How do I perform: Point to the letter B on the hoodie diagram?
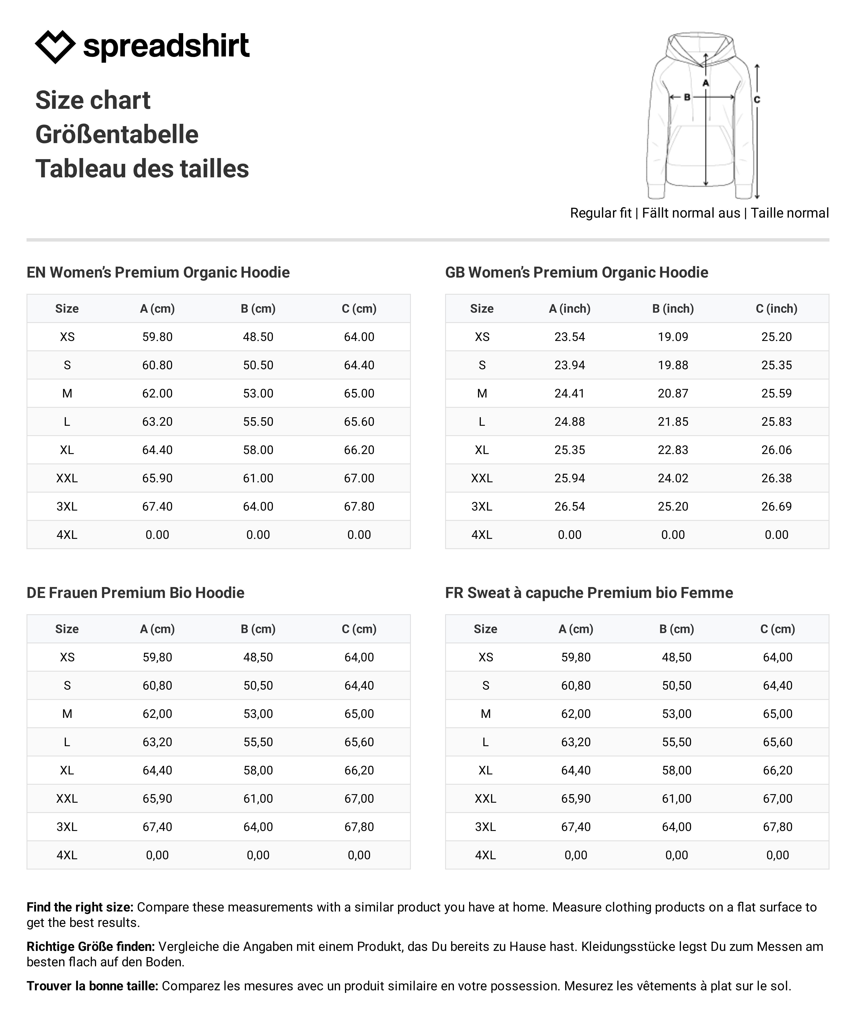tap(687, 97)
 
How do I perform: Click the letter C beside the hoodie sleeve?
tap(757, 100)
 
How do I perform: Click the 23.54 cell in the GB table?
tap(569, 337)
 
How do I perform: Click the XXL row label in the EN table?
tap(67, 478)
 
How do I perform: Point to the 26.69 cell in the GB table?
tap(776, 507)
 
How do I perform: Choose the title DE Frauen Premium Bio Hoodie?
tap(135, 593)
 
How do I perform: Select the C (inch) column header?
tap(776, 308)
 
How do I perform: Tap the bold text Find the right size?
tap(80, 907)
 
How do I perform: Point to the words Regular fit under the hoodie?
tap(601, 213)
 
